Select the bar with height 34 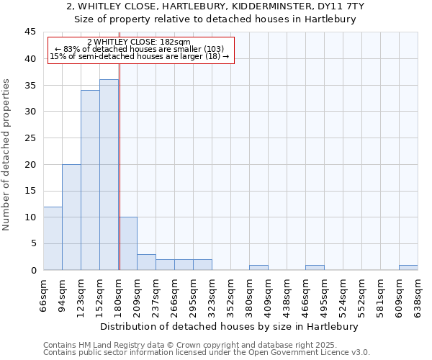tap(90, 180)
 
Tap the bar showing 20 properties tap(71, 217)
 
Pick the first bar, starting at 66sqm tap(53, 238)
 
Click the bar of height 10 tap(128, 243)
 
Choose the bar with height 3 tap(146, 262)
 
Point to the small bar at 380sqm tap(258, 267)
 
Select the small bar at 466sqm tap(315, 267)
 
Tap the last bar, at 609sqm tap(408, 267)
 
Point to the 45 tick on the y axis tap(30, 32)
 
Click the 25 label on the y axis tap(30, 138)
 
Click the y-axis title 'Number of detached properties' tap(7, 154)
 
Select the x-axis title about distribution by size tap(228, 326)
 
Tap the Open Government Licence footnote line tap(207, 353)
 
